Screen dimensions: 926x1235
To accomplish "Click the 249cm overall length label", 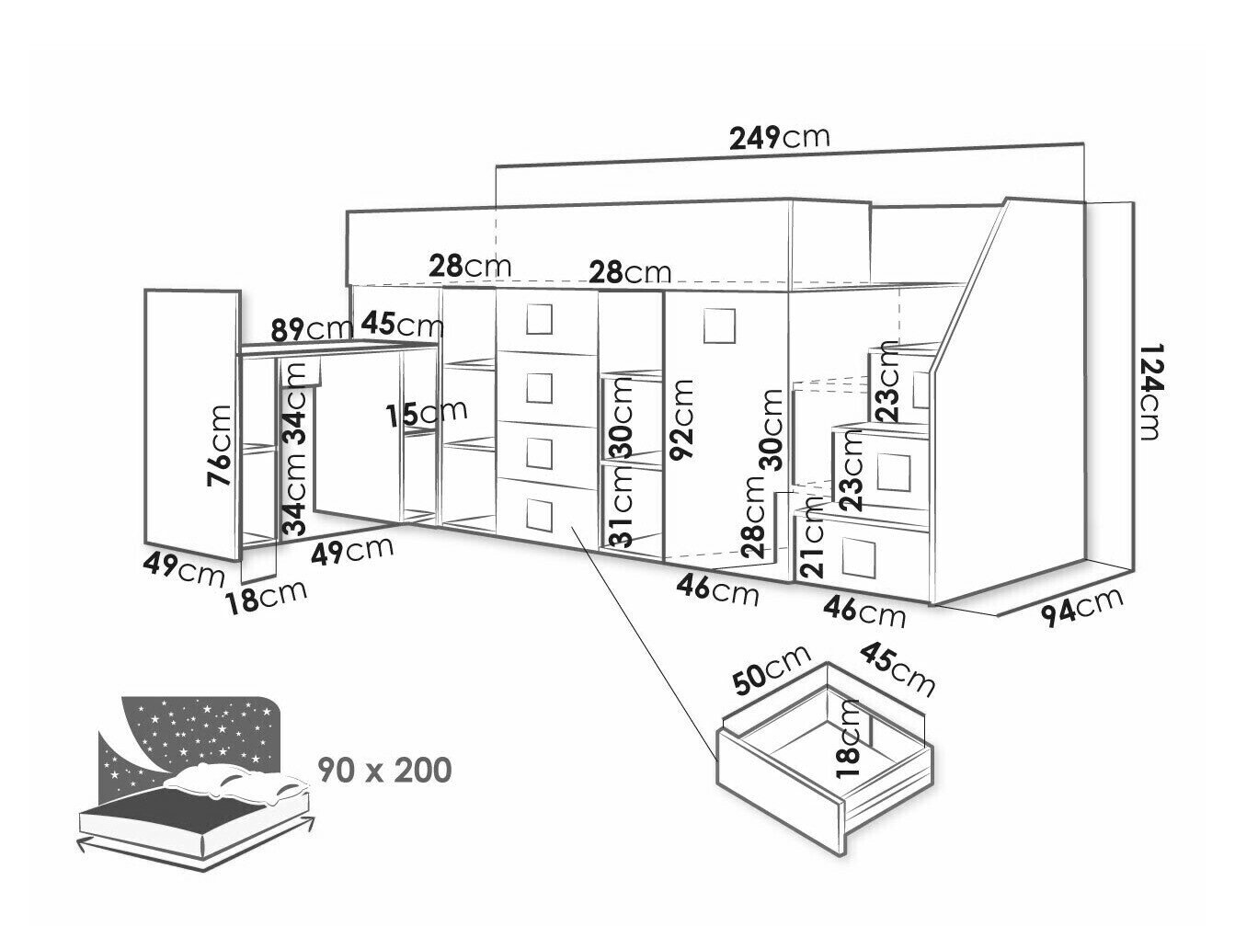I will point(779,138).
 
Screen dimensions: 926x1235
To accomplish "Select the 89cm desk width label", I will point(312,328).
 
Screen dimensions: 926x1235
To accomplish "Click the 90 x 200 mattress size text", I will point(384,770).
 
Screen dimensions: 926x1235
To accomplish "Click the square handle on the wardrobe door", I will point(718,324).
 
